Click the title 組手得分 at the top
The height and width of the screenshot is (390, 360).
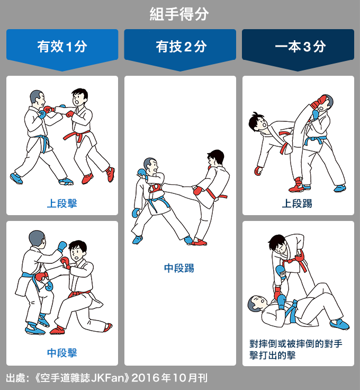click(179, 14)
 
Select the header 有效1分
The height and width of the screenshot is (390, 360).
click(62, 47)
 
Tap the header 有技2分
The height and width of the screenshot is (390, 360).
click(181, 47)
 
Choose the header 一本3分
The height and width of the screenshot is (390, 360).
click(300, 47)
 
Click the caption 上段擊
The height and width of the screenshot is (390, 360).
click(62, 203)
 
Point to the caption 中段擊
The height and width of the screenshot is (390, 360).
click(62, 353)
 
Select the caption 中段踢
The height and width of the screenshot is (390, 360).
click(179, 268)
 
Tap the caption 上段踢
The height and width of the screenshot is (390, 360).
click(297, 203)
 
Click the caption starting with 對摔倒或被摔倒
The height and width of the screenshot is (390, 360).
click(296, 349)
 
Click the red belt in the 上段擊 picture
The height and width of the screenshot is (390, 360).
click(77, 136)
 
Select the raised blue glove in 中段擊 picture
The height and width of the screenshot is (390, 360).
click(62, 246)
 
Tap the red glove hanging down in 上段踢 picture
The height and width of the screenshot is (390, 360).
click(258, 171)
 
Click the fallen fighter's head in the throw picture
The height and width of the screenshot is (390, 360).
click(257, 304)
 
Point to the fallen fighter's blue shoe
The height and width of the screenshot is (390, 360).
click(340, 324)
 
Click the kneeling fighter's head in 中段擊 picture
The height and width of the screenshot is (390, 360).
click(77, 250)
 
